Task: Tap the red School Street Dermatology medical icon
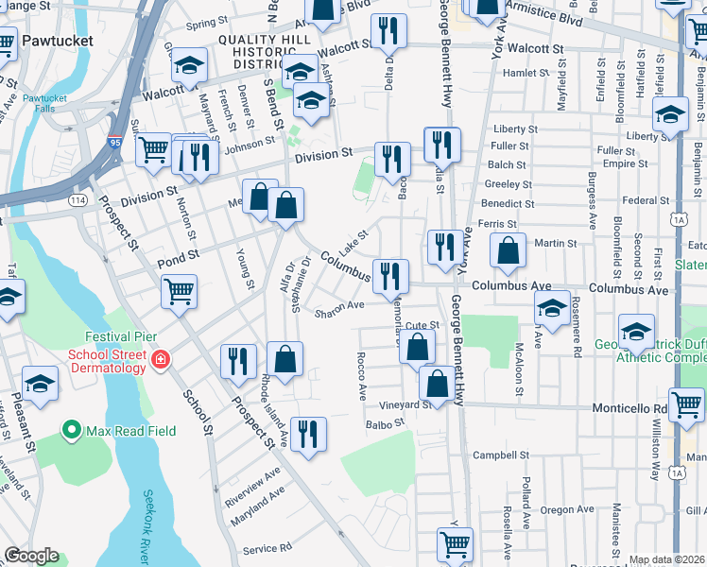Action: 161,359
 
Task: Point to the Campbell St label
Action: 501,455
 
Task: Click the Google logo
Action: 31,556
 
